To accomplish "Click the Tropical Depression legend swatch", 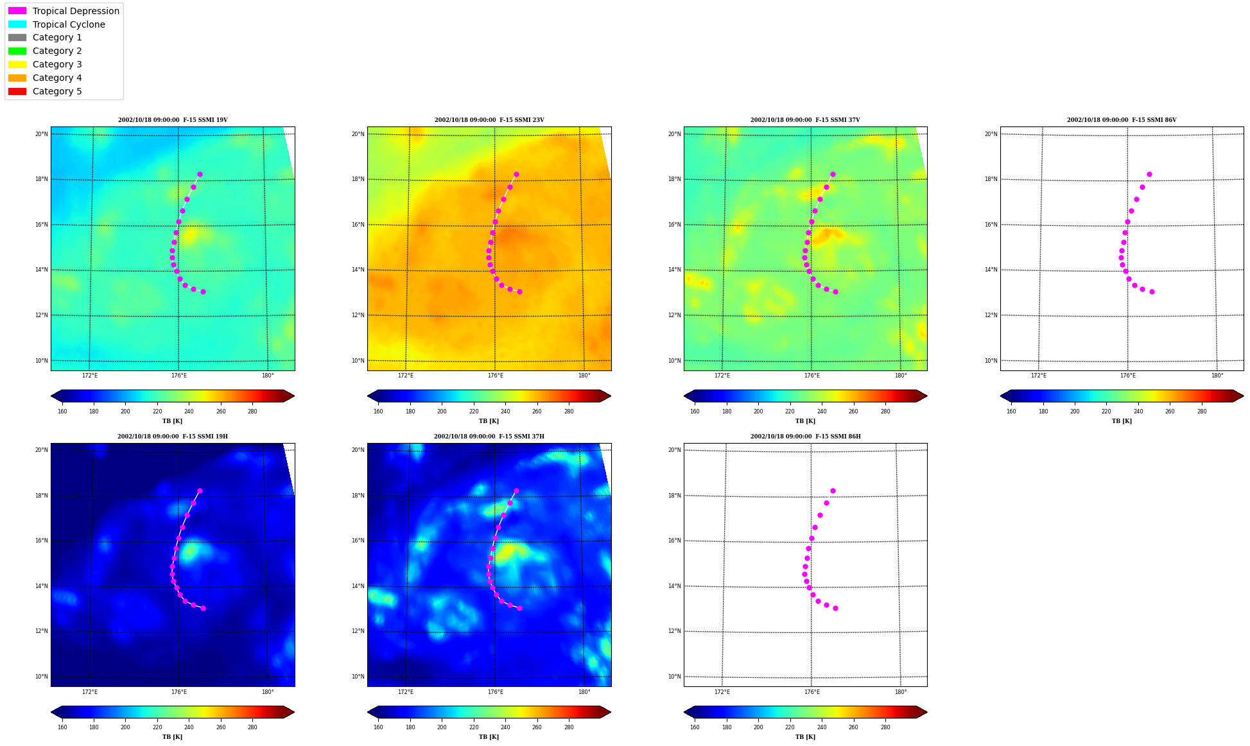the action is [17, 11].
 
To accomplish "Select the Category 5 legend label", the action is [57, 91].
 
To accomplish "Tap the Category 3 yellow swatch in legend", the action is [17, 64].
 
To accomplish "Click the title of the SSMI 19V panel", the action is [173, 120].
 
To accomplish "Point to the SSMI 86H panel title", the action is [806, 437].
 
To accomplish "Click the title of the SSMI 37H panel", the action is [489, 437].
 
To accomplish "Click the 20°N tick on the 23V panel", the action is [358, 134].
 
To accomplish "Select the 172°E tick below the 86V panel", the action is [1038, 376].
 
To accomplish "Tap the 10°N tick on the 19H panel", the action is [41, 677].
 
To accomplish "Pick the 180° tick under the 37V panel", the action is [901, 376].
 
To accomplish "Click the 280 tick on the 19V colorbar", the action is [252, 412].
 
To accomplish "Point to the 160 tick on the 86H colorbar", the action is [695, 727].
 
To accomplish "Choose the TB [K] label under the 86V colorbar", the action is [1122, 421].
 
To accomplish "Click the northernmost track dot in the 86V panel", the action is [1149, 174].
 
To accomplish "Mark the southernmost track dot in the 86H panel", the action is [835, 608].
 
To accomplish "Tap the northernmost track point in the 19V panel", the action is [200, 174].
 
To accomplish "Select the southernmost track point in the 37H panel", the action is [519, 608].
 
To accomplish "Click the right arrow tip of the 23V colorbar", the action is [611, 396].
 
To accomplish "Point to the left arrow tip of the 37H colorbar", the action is [368, 712].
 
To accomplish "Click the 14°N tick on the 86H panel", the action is [674, 586].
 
